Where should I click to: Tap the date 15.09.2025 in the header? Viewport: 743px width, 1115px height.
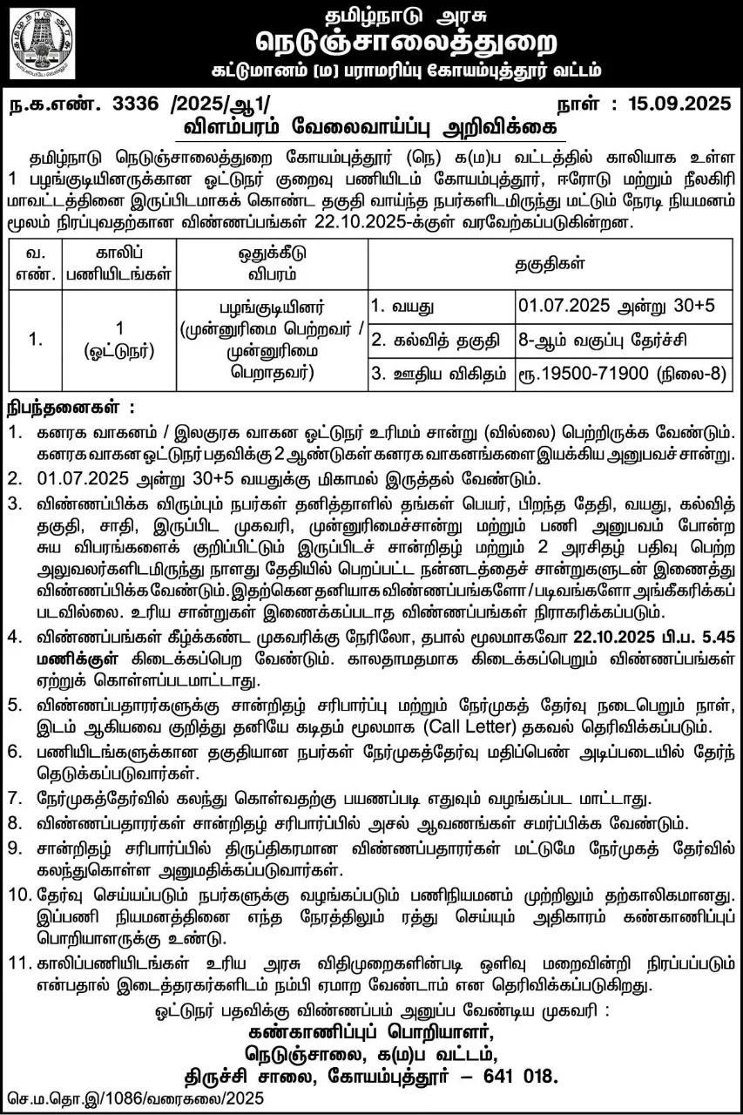click(x=675, y=105)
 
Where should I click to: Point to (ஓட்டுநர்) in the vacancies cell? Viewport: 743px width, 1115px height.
click(x=118, y=354)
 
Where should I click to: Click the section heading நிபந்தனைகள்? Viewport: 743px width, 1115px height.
click(x=66, y=408)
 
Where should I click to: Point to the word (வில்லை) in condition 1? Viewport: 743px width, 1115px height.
click(x=536, y=432)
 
